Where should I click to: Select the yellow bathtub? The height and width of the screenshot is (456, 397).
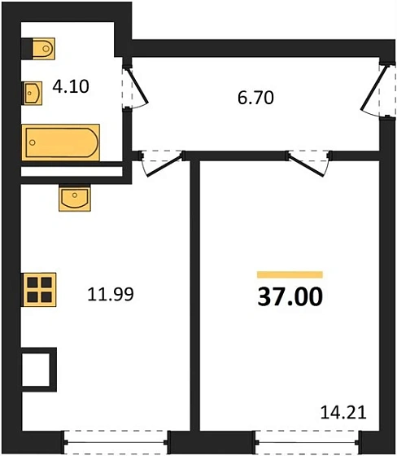click(61, 144)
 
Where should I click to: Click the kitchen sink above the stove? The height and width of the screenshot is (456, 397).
click(75, 198)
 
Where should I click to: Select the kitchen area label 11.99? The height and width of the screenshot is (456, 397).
click(110, 293)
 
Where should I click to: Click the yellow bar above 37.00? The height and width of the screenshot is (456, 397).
click(289, 275)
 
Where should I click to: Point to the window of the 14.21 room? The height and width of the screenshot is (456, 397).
click(303, 443)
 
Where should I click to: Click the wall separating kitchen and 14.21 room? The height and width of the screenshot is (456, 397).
click(195, 301)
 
